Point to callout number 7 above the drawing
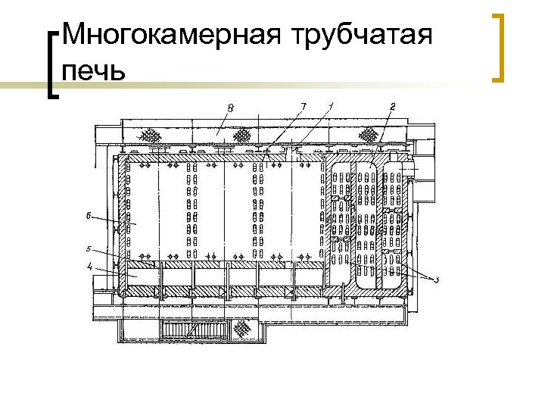coord(303,107)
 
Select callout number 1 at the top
coord(332,106)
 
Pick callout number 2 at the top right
coord(391,107)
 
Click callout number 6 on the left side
coord(89,217)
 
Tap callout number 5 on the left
coord(89,248)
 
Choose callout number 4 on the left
coord(89,267)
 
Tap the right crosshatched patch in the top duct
coord(369,135)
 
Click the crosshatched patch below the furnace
coord(244,328)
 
